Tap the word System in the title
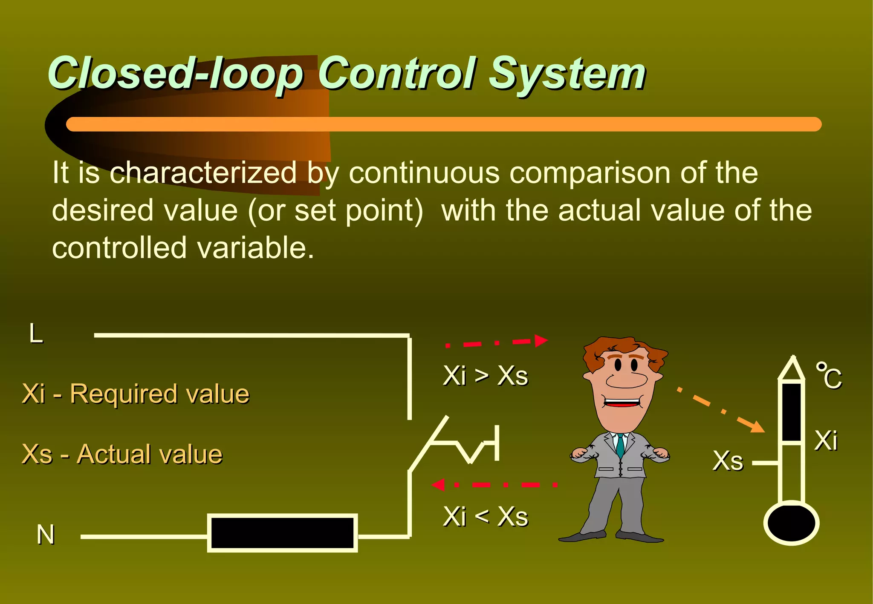[567, 75]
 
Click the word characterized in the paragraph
[203, 173]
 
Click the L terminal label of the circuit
[36, 334]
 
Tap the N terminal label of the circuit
[46, 535]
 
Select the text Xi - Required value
[136, 394]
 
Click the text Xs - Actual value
[122, 454]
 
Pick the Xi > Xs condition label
[486, 376]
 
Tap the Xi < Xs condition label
[486, 517]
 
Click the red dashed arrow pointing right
[497, 342]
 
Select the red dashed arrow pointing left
[494, 485]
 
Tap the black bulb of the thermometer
[791, 523]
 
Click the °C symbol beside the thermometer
[829, 376]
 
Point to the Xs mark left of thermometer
[728, 461]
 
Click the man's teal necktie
[620, 446]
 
